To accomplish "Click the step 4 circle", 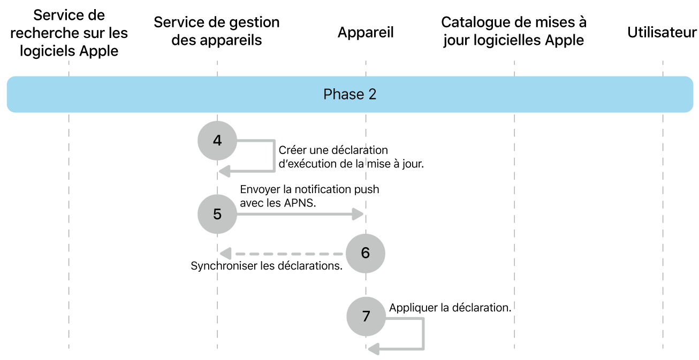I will (x=217, y=141).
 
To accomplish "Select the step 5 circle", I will (x=217, y=214).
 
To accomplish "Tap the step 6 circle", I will (x=365, y=252).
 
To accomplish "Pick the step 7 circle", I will (x=366, y=316).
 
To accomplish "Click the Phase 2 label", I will (x=349, y=94).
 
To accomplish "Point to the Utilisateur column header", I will (x=662, y=33).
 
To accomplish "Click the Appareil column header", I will (x=366, y=33).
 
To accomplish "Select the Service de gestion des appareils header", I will (x=217, y=31).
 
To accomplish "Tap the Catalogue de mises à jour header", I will (x=514, y=31).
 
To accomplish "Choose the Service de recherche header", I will (x=69, y=33).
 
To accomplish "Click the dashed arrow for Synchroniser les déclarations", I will (x=284, y=253).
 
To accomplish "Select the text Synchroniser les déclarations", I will (x=267, y=266).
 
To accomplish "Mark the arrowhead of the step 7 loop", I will (x=374, y=349).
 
